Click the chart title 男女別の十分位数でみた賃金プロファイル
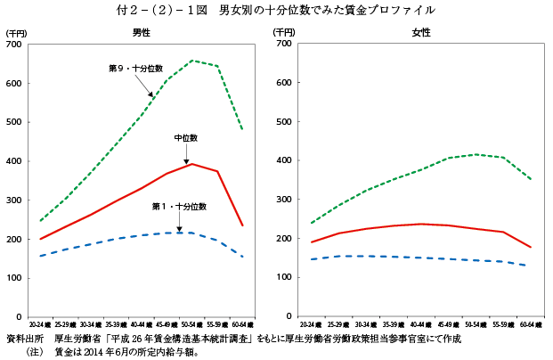[327, 10]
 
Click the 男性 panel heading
[141, 32]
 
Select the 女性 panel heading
[420, 32]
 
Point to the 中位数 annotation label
[185, 138]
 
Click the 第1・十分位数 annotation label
[179, 207]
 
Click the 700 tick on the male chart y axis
[17, 44]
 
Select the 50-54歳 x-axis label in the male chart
[191, 326]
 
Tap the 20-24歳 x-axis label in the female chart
[312, 326]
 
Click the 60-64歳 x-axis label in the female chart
[533, 326]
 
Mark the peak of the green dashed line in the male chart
[191, 61]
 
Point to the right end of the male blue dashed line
[242, 258]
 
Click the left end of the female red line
[311, 242]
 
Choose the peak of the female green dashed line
[477, 154]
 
